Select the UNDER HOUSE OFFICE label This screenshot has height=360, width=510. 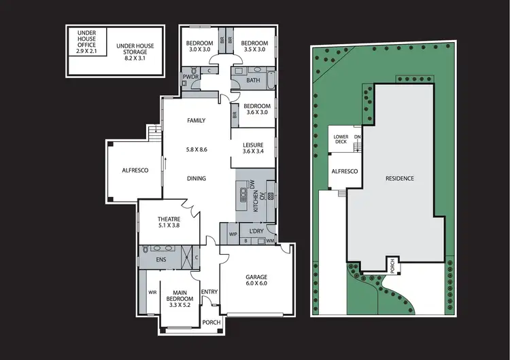coord(86,41)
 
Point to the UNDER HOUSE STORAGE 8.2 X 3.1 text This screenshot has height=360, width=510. coord(135,52)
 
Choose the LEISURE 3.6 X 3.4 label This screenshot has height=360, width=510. coord(256,147)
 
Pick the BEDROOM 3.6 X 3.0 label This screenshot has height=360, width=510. coord(257,110)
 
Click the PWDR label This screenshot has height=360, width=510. coord(190,77)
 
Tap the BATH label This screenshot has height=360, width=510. coord(253,81)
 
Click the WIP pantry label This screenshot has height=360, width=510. coord(232,234)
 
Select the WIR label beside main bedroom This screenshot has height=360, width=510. coord(152,293)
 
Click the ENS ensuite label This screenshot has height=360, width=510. coord(162,259)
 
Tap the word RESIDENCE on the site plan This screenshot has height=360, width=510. coord(400,179)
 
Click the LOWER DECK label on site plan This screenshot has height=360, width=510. coord(341,140)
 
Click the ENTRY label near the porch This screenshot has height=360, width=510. coord(209,291)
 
